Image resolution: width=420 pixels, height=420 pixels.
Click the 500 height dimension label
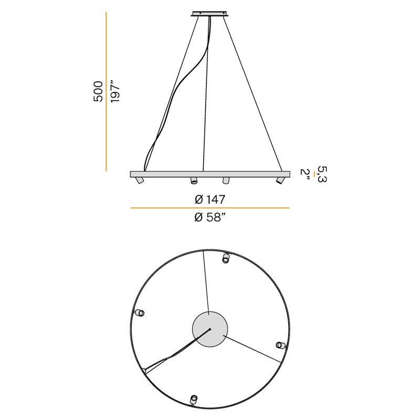tap(98, 91)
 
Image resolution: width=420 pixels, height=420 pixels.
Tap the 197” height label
tap(114, 93)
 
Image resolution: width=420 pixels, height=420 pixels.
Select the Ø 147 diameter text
tap(210, 199)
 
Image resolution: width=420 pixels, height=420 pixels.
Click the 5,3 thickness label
tap(322, 174)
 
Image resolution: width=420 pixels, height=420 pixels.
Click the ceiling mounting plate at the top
tap(209, 14)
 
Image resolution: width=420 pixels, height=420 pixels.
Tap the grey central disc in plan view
tap(210, 329)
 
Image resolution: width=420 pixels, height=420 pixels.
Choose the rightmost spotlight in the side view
tap(280, 180)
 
